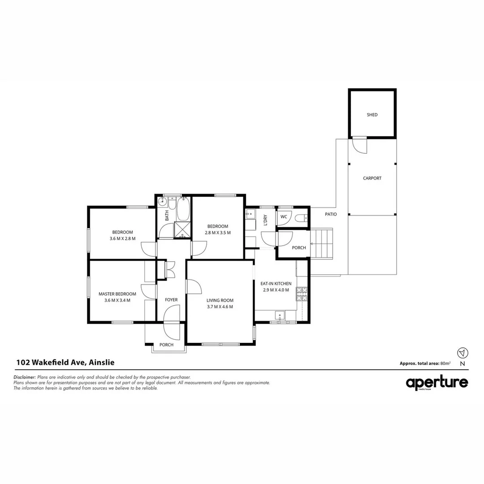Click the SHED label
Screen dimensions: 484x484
372,115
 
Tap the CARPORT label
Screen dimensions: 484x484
372,178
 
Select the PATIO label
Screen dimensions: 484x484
331,214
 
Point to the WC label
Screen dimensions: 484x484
284,217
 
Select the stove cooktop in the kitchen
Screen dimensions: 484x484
302,294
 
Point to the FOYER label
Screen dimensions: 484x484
171,300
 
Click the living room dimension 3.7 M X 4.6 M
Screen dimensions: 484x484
220,307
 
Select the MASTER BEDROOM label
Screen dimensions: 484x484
117,294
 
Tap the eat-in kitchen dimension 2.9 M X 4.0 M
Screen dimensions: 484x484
276,290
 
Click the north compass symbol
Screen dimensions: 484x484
462,352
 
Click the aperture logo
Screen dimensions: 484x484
437,383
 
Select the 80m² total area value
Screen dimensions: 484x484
445,363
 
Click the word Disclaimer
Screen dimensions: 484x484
25,377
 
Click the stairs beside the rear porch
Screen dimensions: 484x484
324,243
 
